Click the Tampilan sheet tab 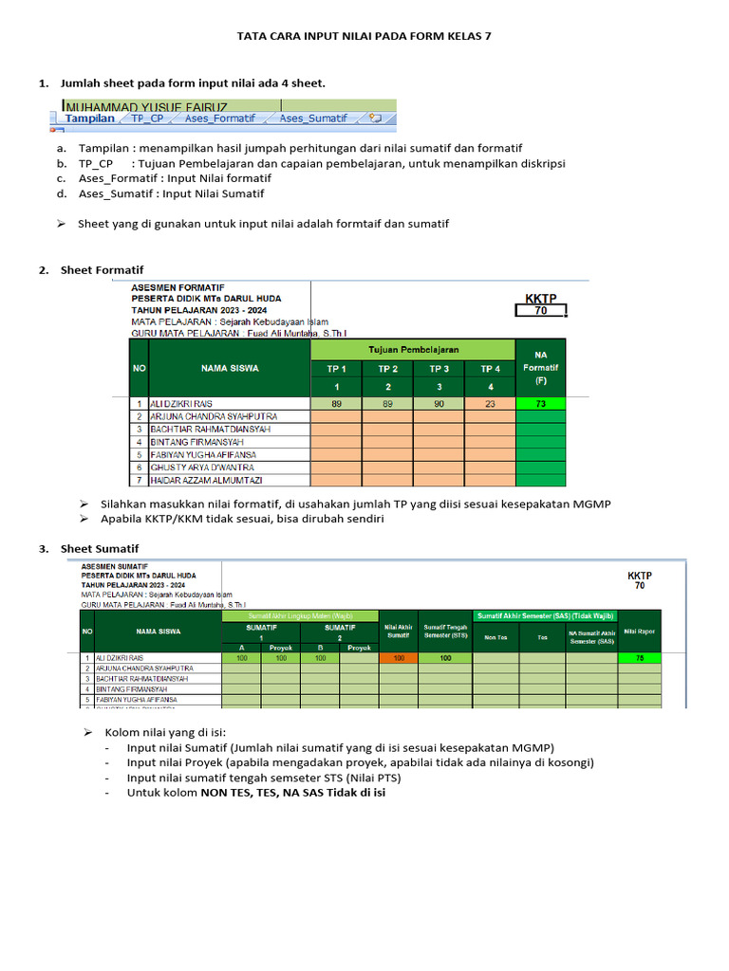tap(90, 119)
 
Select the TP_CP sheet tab tap(147, 119)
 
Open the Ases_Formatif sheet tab tap(220, 119)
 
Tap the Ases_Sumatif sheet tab tap(313, 119)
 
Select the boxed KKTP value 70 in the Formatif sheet tap(540, 310)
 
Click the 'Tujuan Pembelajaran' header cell tap(413, 349)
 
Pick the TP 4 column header tap(490, 369)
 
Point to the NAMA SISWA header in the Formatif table tap(229, 368)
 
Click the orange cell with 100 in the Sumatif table tap(399, 657)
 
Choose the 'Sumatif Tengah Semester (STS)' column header tap(445, 632)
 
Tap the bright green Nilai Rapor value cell tap(640, 657)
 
